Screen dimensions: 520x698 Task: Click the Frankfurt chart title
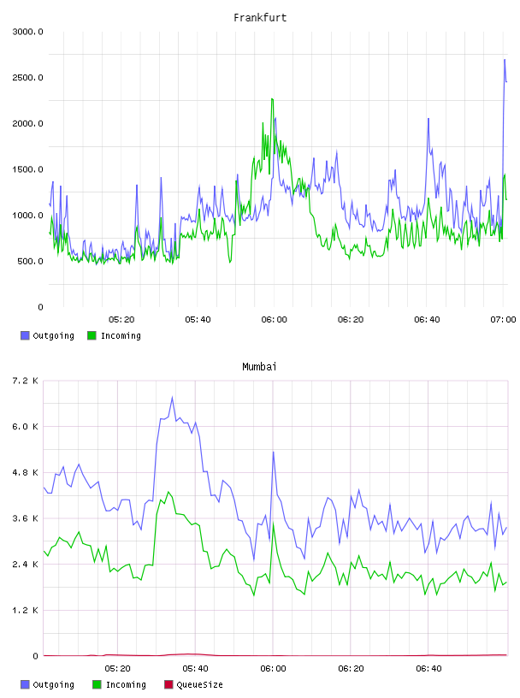(x=260, y=17)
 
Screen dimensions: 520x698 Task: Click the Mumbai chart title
(x=259, y=366)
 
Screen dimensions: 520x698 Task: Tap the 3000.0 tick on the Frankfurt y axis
(x=27, y=32)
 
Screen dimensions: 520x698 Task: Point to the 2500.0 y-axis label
(x=27, y=78)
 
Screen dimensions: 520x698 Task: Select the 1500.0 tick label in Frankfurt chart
(x=27, y=169)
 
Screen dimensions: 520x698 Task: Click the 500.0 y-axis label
(x=30, y=261)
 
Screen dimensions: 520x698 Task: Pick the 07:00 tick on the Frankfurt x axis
(x=503, y=319)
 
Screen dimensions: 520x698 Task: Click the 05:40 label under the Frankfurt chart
(x=198, y=319)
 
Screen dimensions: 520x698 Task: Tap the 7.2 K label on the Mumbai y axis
(x=26, y=381)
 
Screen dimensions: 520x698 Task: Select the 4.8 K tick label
(x=26, y=472)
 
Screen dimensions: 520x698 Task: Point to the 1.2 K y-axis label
(x=26, y=610)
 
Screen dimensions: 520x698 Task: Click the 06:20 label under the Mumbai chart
(x=351, y=668)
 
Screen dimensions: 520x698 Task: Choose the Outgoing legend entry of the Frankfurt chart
(x=47, y=335)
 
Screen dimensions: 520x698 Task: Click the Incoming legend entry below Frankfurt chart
(x=114, y=335)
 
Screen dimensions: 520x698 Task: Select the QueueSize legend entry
(x=193, y=684)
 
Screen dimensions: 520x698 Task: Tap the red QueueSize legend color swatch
(x=168, y=684)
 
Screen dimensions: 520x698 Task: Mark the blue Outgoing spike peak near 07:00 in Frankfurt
(x=505, y=59)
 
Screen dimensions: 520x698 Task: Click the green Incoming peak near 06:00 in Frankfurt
(x=272, y=99)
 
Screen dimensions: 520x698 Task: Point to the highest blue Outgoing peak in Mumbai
(x=172, y=397)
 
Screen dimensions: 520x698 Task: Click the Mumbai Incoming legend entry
(x=119, y=684)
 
